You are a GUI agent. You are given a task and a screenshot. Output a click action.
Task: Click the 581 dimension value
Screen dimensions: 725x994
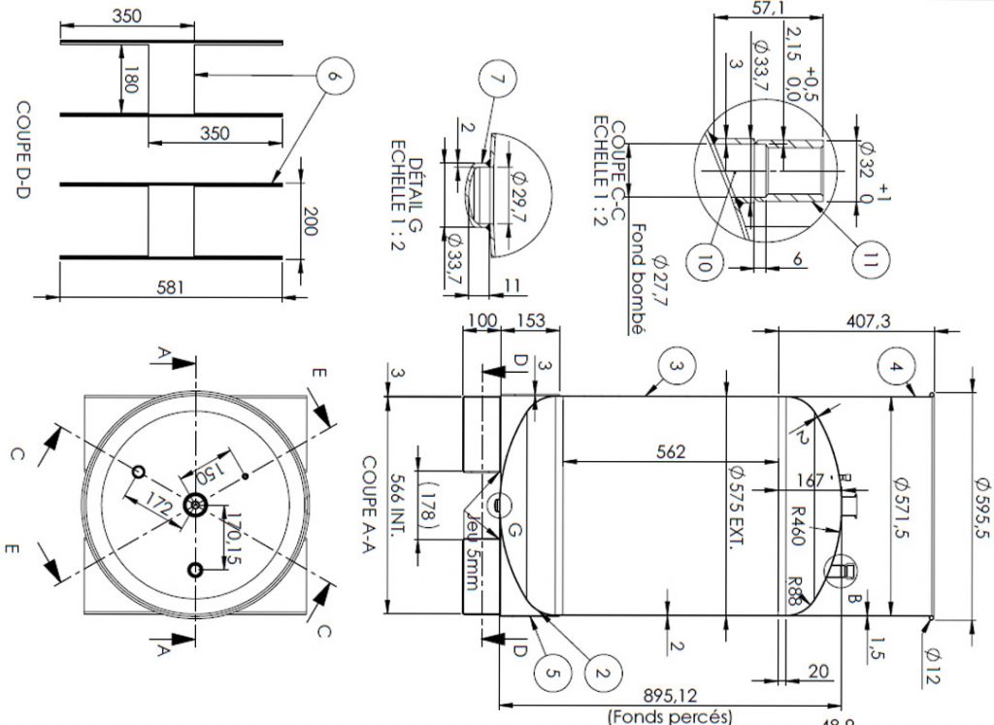pos(171,287)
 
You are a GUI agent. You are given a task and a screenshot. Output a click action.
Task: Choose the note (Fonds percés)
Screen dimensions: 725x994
pos(670,716)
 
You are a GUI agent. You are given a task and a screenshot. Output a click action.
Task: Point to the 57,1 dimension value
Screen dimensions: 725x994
pos(769,8)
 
